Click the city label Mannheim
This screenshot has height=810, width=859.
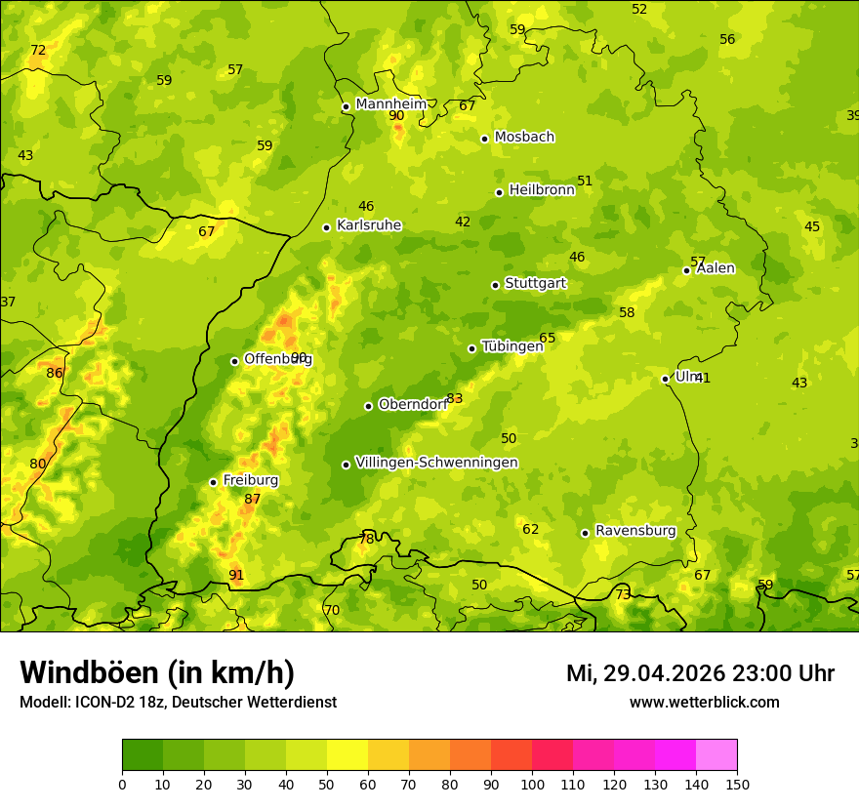coord(390,103)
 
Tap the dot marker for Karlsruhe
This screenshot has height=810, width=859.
coord(326,227)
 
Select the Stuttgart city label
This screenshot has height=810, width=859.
coord(535,283)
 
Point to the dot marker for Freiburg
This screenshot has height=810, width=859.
coord(213,482)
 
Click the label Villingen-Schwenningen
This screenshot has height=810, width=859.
coord(436,462)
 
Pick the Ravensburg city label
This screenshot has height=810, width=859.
coord(635,530)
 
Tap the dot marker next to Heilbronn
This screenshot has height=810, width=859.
coord(499,192)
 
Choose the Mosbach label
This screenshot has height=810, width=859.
coord(524,137)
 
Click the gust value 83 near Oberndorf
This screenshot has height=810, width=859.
coord(455,398)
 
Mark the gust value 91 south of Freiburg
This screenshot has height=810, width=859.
coord(236,575)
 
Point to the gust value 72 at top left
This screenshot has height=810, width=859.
coord(38,50)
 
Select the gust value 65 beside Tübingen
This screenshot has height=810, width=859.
coord(548,338)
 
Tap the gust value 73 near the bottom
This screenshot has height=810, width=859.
coord(623,594)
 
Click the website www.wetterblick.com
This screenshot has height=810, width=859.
coord(704,702)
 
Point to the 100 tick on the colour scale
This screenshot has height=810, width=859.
coord(532,784)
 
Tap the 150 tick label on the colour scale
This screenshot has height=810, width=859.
coord(737,784)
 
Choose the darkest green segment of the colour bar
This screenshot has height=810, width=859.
coord(143,755)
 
